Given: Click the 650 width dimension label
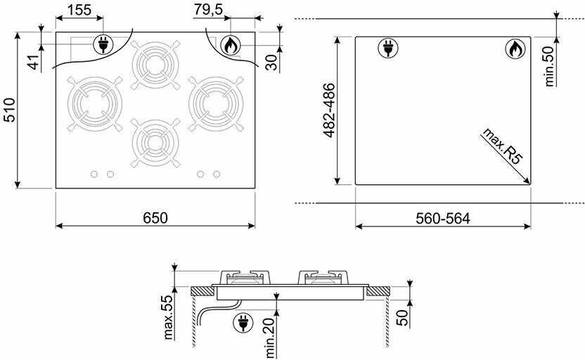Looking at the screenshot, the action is [155, 218].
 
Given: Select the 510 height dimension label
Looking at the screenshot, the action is [9, 110].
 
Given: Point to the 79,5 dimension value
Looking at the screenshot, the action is [208, 10].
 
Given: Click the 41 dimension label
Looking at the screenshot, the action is [34, 62].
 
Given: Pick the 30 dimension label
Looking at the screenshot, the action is [273, 63].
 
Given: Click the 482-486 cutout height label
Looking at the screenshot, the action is [328, 111].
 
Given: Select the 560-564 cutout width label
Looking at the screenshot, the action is [443, 219].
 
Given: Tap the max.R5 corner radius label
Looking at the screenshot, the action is [503, 146].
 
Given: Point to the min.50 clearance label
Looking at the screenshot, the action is [550, 68].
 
